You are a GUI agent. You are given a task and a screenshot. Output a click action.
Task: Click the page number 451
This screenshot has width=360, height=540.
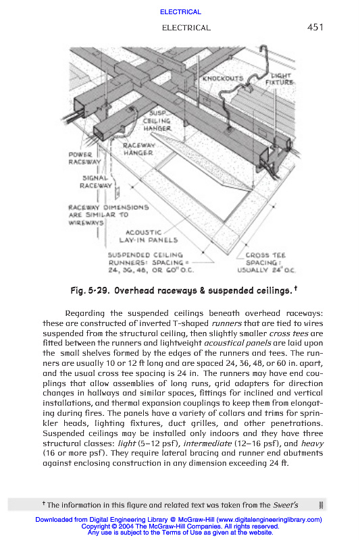(315, 27)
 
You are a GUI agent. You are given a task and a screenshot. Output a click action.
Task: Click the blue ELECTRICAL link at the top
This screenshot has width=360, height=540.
(180, 12)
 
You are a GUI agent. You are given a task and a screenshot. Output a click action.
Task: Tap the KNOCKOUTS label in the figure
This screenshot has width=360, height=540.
(223, 78)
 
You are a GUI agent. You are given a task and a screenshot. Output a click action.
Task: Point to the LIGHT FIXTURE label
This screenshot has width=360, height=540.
(280, 79)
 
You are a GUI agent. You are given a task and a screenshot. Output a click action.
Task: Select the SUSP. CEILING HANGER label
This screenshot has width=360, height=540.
(157, 121)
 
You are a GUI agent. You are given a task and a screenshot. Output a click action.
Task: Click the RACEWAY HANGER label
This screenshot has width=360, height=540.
(138, 149)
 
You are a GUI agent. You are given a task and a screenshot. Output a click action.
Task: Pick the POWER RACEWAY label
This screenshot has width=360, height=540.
(84, 159)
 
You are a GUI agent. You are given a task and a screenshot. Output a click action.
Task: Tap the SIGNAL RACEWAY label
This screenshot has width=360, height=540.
(96, 182)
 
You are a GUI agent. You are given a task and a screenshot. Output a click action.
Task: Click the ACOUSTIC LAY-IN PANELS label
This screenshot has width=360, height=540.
(149, 237)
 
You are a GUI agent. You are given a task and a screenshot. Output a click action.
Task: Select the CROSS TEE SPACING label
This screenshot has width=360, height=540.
(266, 263)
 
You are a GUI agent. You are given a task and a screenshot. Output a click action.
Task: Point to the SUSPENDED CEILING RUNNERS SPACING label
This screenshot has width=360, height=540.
(151, 263)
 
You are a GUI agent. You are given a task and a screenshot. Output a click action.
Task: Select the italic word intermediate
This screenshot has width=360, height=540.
(207, 443)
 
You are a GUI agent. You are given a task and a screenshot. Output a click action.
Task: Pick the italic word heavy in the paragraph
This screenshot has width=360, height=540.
(313, 443)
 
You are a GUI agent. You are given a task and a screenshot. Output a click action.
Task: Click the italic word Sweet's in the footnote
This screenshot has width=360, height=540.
(286, 505)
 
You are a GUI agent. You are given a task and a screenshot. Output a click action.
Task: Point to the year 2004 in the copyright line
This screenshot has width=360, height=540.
(126, 526)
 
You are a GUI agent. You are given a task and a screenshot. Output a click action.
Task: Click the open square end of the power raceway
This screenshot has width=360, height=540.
(82, 107)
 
